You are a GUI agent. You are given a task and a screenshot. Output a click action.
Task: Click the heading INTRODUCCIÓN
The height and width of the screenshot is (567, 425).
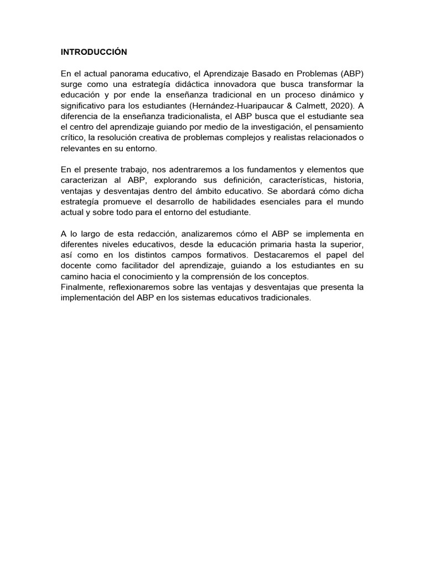point(94,52)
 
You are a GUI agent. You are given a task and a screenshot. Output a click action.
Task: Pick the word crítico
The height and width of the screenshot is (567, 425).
point(72,137)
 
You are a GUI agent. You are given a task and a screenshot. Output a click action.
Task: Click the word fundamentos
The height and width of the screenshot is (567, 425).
point(272,169)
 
